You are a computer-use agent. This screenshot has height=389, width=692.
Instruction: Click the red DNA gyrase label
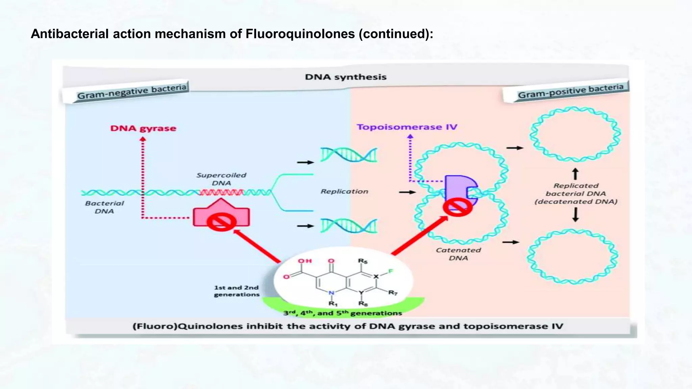[x=143, y=128]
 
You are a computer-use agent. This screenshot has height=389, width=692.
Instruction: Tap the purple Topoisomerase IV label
[x=407, y=127]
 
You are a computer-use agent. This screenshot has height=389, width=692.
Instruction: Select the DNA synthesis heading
[x=345, y=77]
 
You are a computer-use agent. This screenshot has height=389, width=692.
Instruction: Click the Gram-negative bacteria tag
[x=132, y=92]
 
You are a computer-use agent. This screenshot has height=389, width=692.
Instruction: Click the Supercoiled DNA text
[x=221, y=179]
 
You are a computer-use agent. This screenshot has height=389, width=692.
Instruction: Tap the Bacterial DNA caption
[x=104, y=207]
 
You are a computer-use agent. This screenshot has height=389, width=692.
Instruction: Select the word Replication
[x=344, y=191]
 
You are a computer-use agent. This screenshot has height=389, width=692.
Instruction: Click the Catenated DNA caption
[x=458, y=254]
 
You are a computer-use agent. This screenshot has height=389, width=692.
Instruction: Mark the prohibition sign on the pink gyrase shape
[x=221, y=222]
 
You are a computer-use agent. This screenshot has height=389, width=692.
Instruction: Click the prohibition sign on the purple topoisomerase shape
[x=458, y=207]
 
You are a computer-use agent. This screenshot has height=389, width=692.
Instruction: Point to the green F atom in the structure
[x=391, y=271]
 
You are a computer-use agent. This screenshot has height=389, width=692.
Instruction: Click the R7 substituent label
[x=393, y=292]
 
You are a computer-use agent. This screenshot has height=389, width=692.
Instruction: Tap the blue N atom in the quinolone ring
[x=331, y=293]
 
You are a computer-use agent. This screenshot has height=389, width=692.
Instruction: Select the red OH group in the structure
[x=304, y=261]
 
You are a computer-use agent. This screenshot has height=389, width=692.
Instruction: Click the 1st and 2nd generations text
[x=236, y=291]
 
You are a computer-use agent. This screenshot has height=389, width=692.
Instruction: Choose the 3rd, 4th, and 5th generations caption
[x=342, y=313]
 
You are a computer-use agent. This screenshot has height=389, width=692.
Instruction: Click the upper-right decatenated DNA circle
[x=575, y=134]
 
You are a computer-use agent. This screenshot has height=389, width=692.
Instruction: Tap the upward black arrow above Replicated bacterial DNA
[x=575, y=174]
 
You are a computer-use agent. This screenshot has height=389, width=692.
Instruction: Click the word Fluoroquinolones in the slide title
[x=300, y=34]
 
